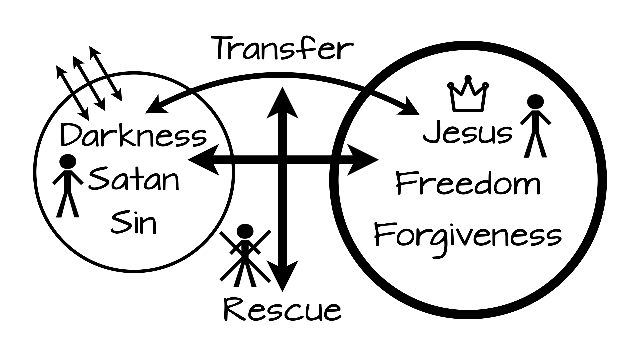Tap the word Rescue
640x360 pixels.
(283, 310)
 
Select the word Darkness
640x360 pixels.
(133, 135)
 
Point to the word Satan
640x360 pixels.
(134, 180)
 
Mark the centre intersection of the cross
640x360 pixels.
(282, 160)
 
